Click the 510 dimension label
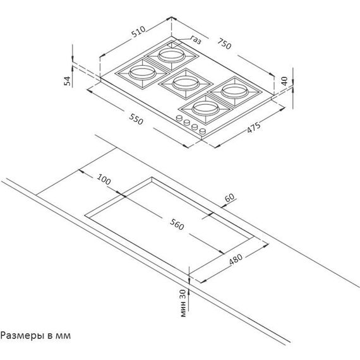138,32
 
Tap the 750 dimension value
224,44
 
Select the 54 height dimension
68,81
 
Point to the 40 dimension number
284,81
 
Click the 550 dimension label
136,119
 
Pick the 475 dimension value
254,128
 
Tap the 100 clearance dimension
104,179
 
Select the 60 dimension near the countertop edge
230,198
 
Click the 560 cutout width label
177,224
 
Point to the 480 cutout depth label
236,259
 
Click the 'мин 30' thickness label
183,303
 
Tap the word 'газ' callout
196,40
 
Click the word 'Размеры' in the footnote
23,335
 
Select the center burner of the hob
186,83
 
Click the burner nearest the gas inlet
171,56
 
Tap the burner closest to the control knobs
205,109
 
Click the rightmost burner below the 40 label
234,92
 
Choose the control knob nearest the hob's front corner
202,131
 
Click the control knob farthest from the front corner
179,118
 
